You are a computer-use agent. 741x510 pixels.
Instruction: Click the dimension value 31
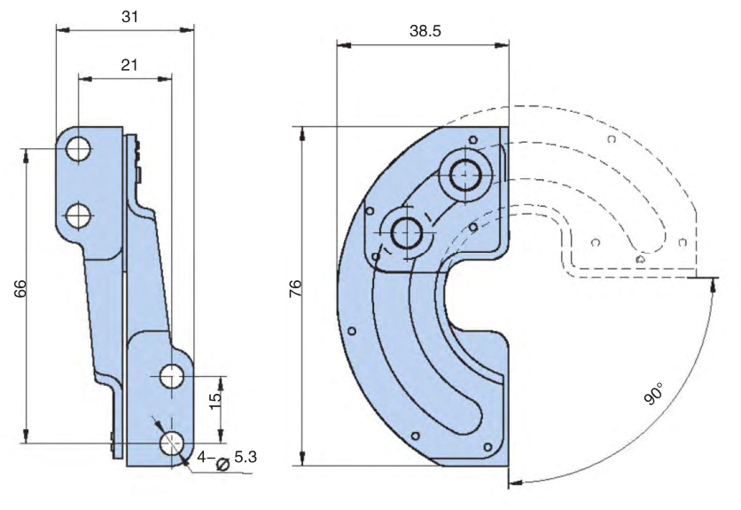point(129,17)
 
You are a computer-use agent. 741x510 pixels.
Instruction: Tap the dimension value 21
point(129,65)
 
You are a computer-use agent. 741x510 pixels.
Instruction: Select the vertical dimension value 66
point(19,288)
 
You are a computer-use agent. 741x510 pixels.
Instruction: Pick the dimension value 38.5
point(425,31)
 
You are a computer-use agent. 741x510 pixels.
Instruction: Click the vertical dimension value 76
point(295,288)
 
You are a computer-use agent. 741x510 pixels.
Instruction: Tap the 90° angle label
point(654,394)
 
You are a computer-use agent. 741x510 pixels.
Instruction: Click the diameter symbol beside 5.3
point(222,464)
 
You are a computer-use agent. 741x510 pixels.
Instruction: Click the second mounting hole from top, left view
point(79,216)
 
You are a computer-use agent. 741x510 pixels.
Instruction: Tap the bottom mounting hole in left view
point(172,443)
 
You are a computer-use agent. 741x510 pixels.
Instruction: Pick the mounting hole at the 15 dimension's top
point(172,376)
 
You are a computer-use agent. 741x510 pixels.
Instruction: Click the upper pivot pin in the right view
point(465,174)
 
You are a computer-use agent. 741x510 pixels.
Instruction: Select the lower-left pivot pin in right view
point(407,233)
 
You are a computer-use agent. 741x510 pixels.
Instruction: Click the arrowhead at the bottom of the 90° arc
point(515,483)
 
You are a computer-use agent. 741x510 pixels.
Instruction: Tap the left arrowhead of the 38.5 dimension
point(344,45)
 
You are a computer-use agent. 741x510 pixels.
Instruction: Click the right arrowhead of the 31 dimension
point(187,30)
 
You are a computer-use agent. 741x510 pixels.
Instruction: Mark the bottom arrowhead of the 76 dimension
point(302,458)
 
